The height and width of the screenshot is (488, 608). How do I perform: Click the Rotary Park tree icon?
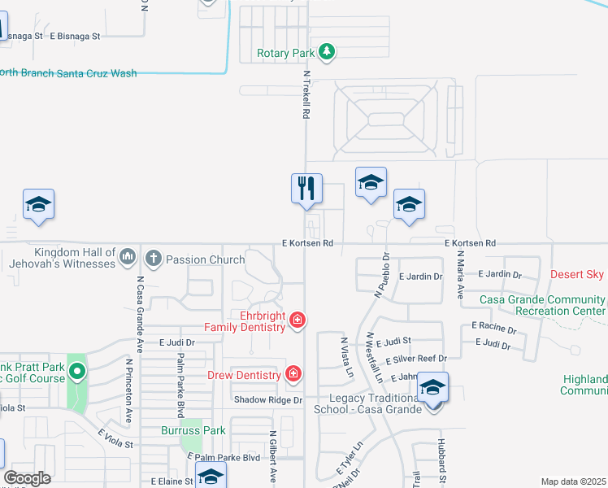point(327,53)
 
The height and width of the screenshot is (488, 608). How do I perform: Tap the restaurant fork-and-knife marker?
point(306,189)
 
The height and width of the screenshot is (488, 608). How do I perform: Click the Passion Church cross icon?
point(153,259)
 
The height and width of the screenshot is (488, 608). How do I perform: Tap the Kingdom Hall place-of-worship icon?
point(127,259)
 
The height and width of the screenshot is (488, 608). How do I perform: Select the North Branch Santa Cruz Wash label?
point(68,73)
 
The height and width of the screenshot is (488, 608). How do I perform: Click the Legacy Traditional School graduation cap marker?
point(433,387)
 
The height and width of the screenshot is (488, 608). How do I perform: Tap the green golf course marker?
point(77,373)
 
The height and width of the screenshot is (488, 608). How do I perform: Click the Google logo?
point(27,477)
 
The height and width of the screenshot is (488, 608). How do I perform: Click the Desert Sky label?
point(577,274)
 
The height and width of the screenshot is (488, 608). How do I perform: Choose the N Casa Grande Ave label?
point(140,301)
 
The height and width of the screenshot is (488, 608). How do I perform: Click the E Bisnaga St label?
point(75,36)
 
